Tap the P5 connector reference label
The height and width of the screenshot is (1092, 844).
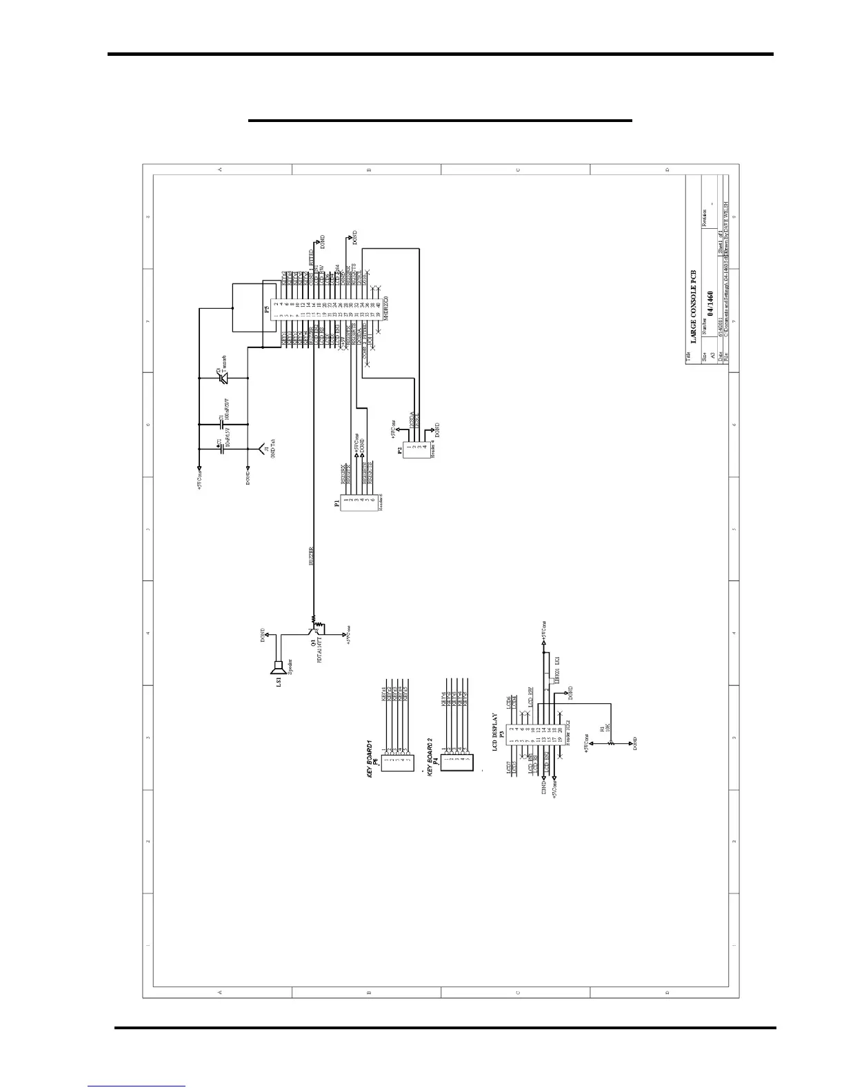[266, 310]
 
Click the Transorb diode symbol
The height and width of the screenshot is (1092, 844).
[223, 378]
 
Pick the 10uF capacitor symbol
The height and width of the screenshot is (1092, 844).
[220, 447]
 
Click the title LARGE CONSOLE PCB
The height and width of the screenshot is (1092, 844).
[694, 306]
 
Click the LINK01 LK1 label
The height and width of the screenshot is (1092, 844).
[556, 672]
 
